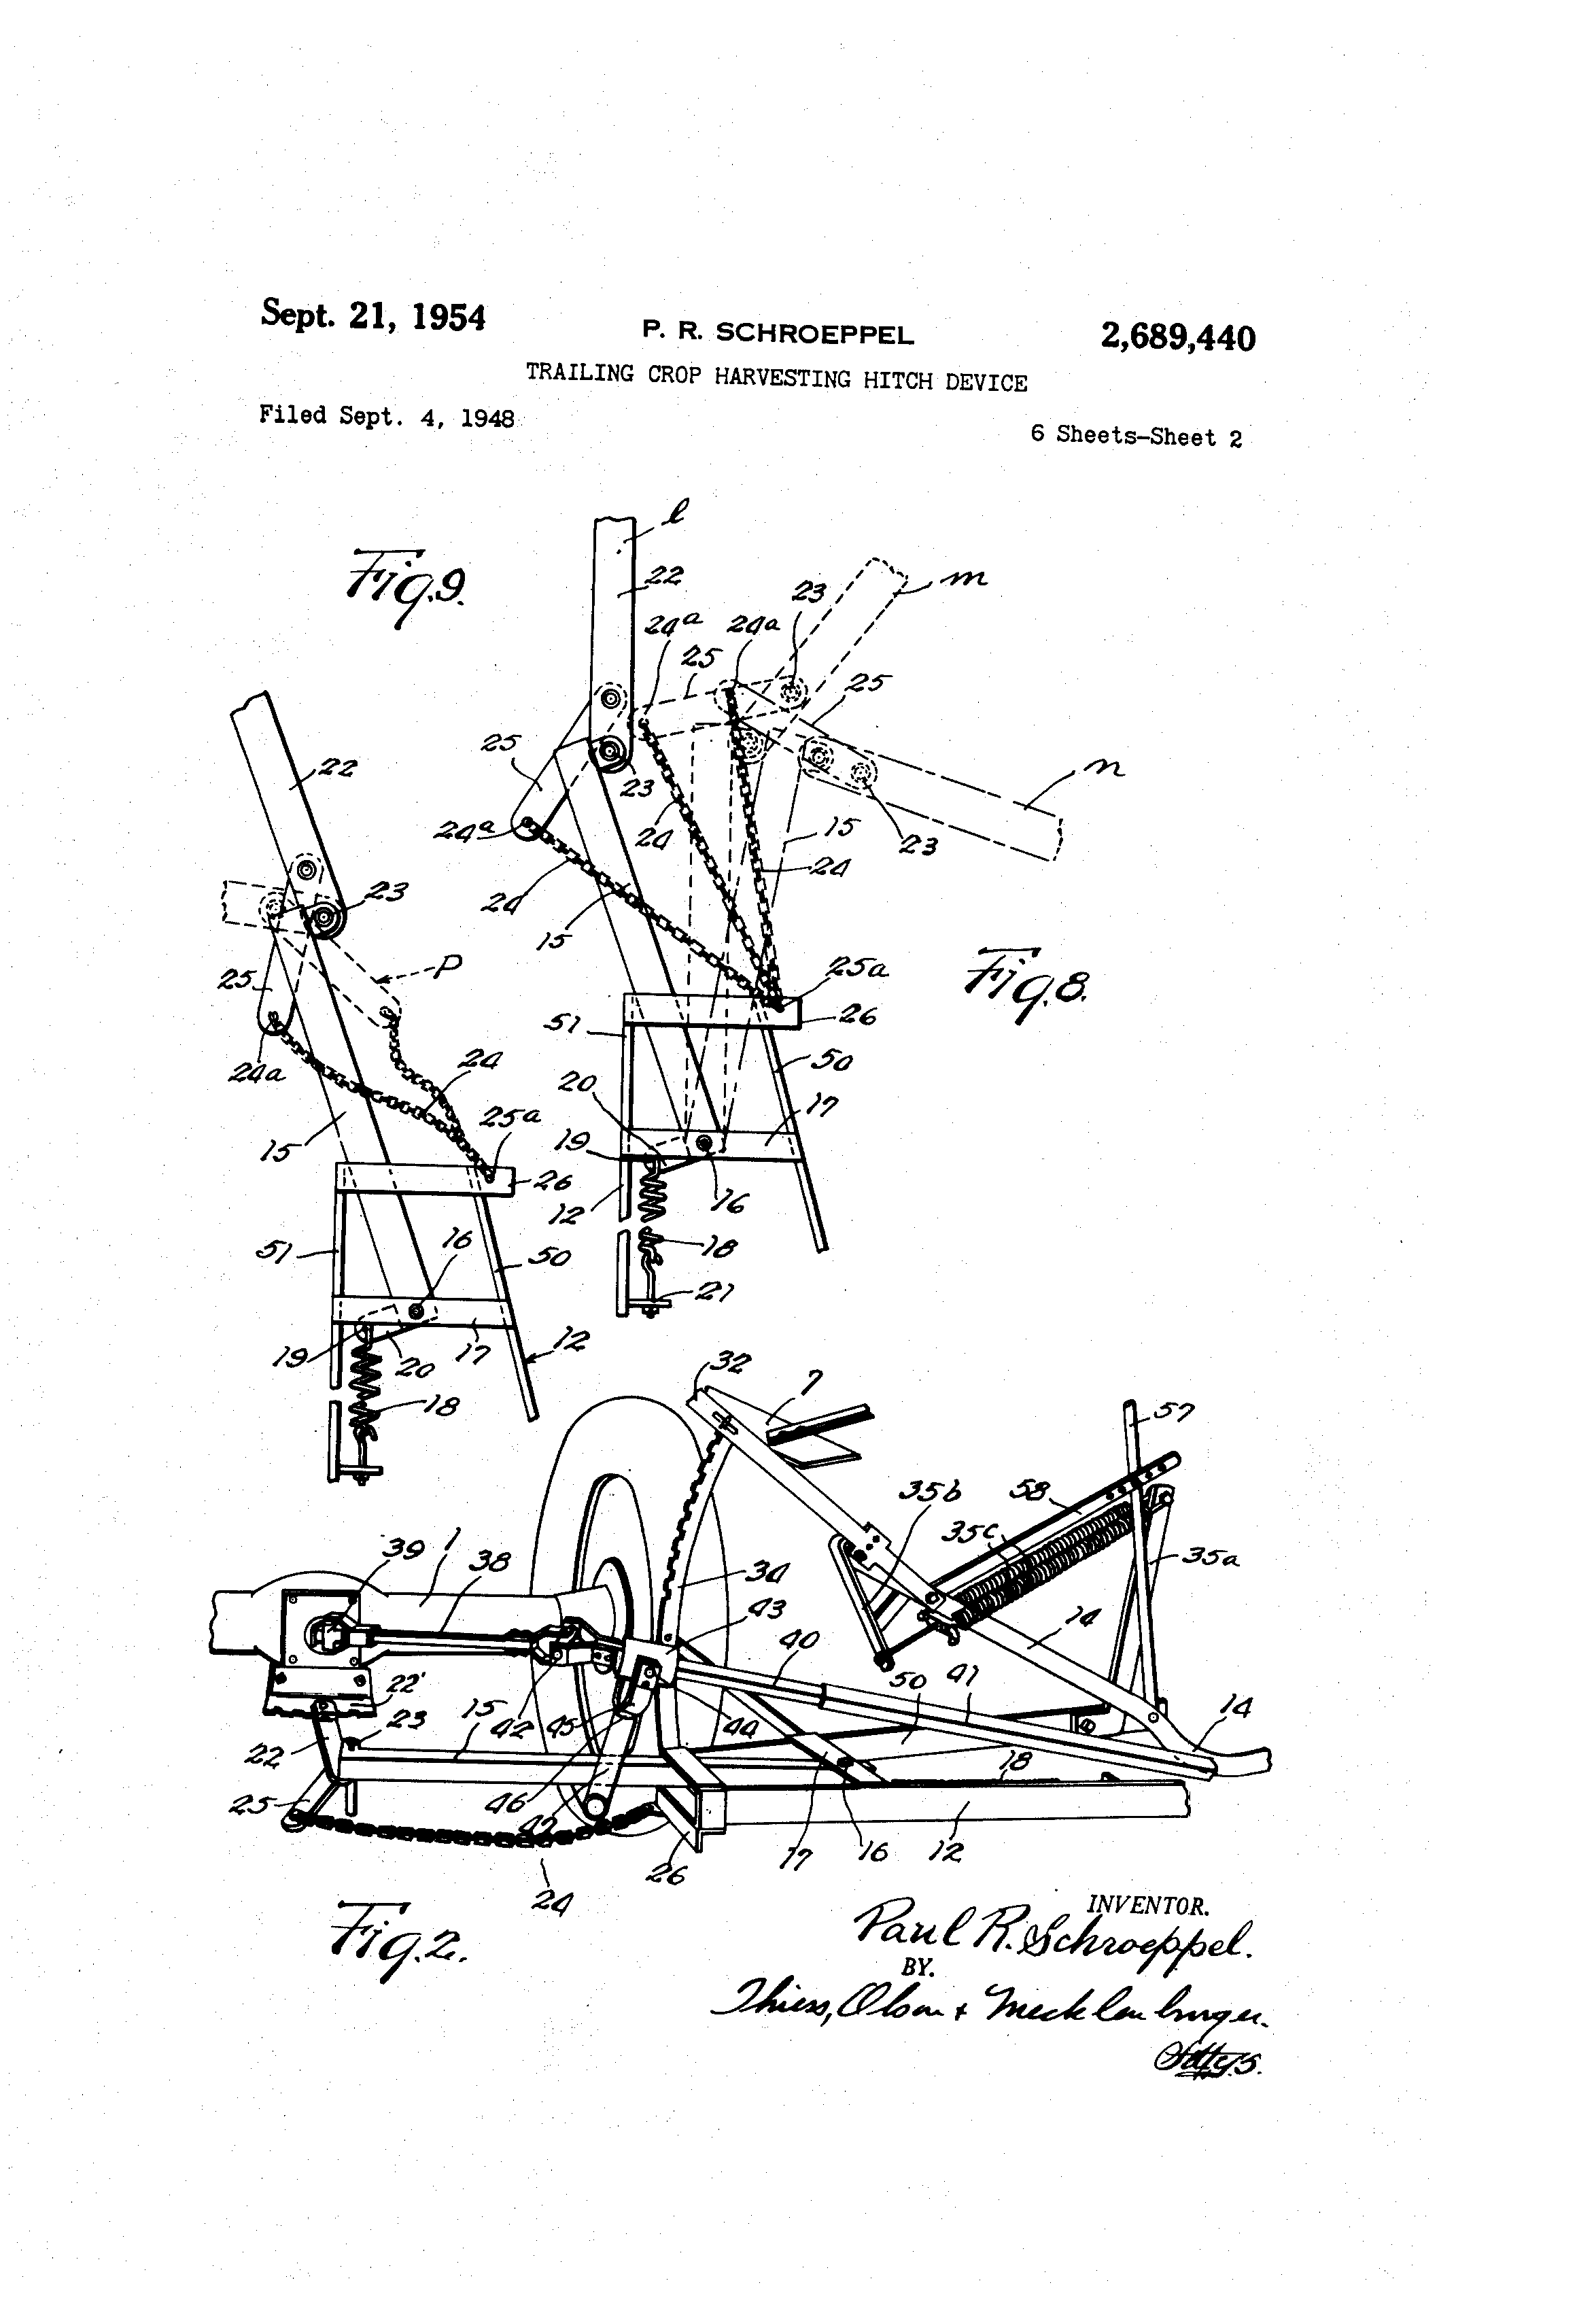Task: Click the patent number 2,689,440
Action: [1177, 338]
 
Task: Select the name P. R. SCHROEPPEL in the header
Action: [778, 333]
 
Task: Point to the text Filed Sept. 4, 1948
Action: [386, 416]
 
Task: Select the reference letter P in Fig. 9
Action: [449, 964]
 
